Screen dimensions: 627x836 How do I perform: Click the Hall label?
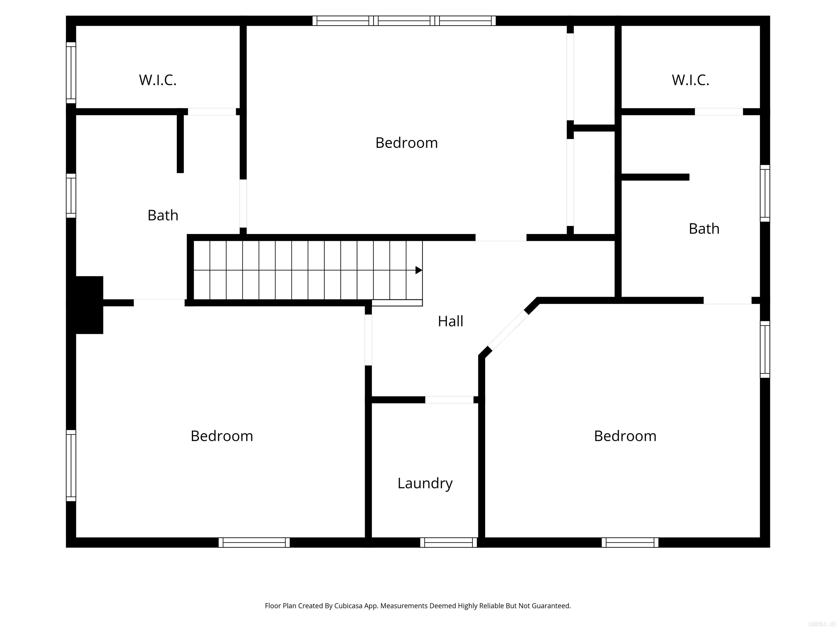click(x=450, y=321)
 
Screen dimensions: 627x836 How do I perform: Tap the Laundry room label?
click(x=425, y=483)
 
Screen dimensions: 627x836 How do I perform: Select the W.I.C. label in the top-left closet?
click(x=158, y=80)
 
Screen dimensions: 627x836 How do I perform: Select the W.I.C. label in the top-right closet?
click(x=690, y=80)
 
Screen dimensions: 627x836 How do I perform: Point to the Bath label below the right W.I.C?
click(x=704, y=229)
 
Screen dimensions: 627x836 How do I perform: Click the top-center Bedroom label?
click(x=406, y=143)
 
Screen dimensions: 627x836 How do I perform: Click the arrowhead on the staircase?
click(x=418, y=270)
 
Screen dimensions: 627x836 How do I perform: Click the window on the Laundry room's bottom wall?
click(x=448, y=542)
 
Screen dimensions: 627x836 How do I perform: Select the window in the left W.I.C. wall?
click(x=71, y=73)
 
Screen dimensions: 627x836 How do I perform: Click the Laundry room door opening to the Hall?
click(x=449, y=400)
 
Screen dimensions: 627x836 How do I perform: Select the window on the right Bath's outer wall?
click(x=765, y=193)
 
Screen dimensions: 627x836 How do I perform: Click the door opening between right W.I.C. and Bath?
click(x=718, y=112)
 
